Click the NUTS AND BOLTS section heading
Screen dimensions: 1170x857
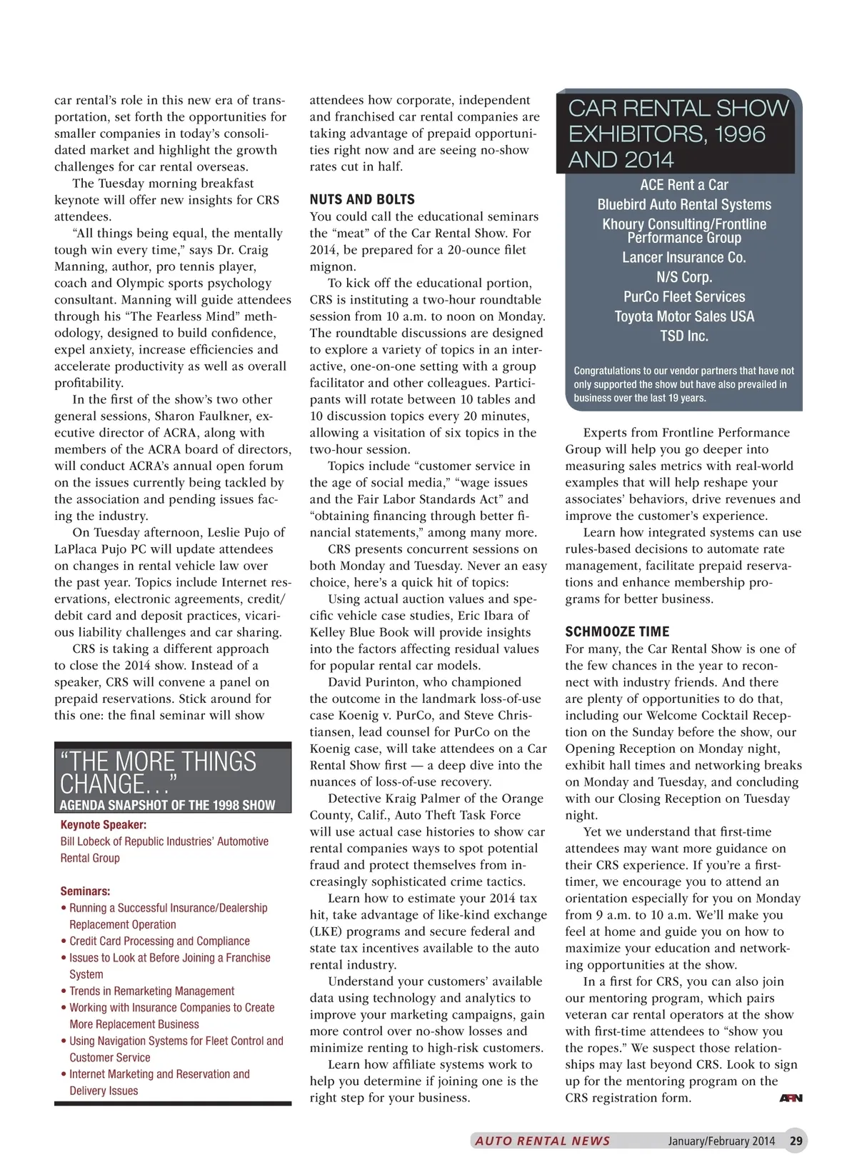click(x=362, y=200)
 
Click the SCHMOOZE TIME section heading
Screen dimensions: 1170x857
click(x=617, y=631)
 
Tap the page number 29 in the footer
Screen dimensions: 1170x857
click(x=796, y=1141)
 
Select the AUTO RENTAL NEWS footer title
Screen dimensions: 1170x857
click(x=543, y=1141)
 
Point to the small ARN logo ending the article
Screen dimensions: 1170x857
click(x=791, y=1098)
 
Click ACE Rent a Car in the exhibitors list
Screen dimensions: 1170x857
click(x=684, y=185)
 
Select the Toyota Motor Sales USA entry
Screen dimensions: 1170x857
click(x=684, y=316)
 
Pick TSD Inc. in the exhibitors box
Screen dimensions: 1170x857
click(x=684, y=336)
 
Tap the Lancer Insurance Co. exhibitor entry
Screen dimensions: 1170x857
click(x=684, y=258)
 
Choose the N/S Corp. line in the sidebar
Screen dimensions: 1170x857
click(x=684, y=277)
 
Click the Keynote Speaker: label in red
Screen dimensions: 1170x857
click(x=104, y=825)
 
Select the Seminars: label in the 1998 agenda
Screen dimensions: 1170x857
click(x=86, y=891)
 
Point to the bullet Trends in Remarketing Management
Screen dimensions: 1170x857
click(x=151, y=991)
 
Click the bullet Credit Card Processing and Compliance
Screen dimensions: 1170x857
click(x=159, y=941)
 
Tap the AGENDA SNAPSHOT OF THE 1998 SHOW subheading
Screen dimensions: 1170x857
click(x=167, y=805)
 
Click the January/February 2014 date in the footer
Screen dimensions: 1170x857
click(x=721, y=1141)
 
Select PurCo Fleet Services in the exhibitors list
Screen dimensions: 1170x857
click(x=684, y=297)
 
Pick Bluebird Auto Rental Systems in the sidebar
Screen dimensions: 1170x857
click(x=684, y=205)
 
